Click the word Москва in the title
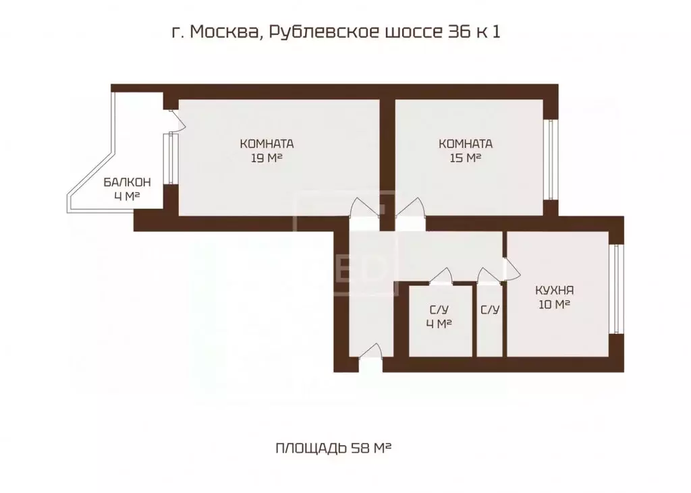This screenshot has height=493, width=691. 221,32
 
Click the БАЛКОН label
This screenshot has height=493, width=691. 127,183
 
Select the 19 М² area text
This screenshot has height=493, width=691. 266,158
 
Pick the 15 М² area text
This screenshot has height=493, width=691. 465,158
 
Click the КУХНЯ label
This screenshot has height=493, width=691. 554,291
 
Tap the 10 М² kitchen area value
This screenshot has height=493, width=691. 554,305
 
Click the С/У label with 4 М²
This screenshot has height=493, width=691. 439,310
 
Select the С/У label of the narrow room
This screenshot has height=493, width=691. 490,310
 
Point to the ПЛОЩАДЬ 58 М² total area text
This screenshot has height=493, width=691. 334,448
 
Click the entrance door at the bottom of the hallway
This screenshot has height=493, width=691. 370,353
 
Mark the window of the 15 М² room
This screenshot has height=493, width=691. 551,160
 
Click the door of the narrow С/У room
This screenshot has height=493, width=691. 487,277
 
